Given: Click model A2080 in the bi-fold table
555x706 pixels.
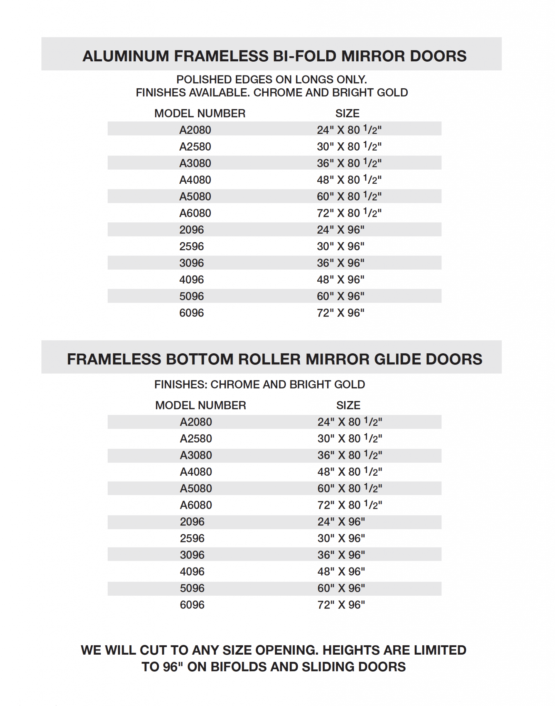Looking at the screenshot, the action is (x=195, y=130).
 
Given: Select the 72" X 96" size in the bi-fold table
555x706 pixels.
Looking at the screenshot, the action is (x=340, y=313).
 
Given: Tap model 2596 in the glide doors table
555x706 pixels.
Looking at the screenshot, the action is (x=192, y=538).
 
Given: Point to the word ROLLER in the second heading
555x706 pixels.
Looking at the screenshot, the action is (x=269, y=359).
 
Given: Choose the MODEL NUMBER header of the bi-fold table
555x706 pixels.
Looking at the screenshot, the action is (x=200, y=113).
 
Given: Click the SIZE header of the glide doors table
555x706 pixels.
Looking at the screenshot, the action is (x=348, y=405).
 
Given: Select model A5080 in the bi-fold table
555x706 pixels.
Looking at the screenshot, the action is (x=195, y=196).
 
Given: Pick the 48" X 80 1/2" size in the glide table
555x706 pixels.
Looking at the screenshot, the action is (x=349, y=472).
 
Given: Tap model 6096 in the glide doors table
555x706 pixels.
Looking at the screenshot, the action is (x=192, y=605).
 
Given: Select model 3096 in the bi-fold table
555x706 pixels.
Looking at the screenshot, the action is (x=191, y=263).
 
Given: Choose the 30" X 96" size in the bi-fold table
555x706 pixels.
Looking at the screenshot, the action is (x=340, y=246).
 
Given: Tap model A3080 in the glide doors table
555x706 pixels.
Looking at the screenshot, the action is (x=196, y=455).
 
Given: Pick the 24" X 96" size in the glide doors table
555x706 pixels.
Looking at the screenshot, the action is (x=341, y=522).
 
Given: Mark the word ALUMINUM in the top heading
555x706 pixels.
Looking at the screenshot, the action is (x=126, y=56).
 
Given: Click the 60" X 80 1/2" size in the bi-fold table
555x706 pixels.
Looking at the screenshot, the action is (x=349, y=196).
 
